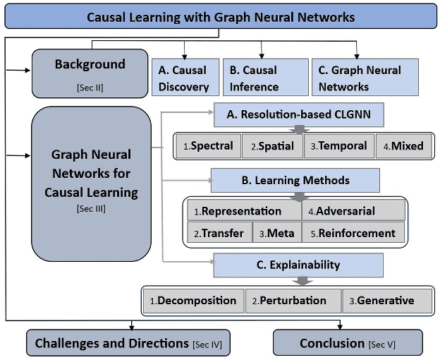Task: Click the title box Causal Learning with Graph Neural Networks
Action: (x=220, y=16)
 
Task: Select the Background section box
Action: (x=90, y=73)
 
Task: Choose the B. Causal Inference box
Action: (x=263, y=78)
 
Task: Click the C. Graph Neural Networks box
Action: (x=365, y=78)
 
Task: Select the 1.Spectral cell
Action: (x=207, y=146)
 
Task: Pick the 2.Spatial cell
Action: (x=271, y=146)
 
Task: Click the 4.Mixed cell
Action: (x=403, y=146)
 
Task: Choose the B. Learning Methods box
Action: (x=295, y=181)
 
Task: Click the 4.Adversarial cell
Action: (x=354, y=210)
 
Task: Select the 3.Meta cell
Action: (x=277, y=233)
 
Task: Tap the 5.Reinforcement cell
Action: (x=354, y=233)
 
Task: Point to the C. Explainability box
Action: (x=298, y=265)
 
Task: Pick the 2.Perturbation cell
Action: (x=293, y=301)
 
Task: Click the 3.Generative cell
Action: (x=387, y=301)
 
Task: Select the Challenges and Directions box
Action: (x=129, y=343)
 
